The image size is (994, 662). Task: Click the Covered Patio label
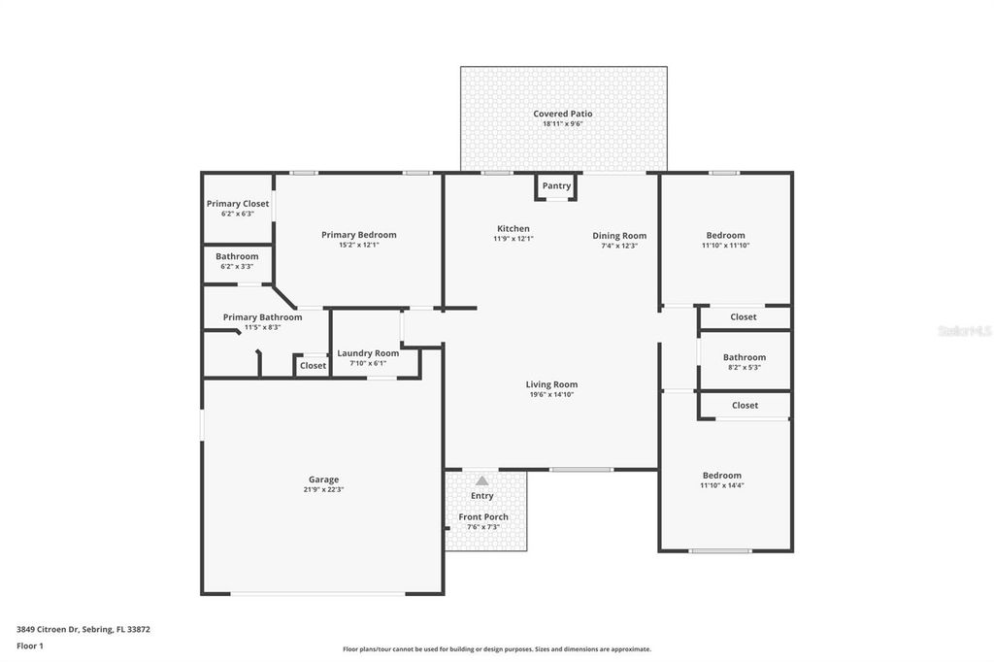562,114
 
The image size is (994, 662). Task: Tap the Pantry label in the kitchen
556,185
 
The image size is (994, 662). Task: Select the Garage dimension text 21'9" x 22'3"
323,490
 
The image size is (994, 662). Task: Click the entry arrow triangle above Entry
481,480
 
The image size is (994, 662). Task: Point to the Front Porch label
483,517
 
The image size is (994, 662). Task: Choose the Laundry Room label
368,353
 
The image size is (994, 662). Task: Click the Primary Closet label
238,204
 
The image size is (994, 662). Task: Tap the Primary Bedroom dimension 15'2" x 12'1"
359,245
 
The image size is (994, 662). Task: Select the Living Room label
551,384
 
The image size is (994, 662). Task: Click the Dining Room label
619,236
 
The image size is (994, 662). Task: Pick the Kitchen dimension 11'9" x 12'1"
513,239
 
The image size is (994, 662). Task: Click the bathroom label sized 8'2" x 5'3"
745,357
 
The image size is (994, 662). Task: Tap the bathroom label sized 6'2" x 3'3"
237,256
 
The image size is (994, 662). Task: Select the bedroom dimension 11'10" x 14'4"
721,485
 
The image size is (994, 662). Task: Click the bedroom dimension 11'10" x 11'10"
725,246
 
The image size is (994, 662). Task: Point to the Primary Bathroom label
262,317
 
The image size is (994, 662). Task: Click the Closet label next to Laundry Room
313,366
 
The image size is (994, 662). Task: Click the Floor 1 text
30,645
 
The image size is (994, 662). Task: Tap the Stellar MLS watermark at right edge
965,331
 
